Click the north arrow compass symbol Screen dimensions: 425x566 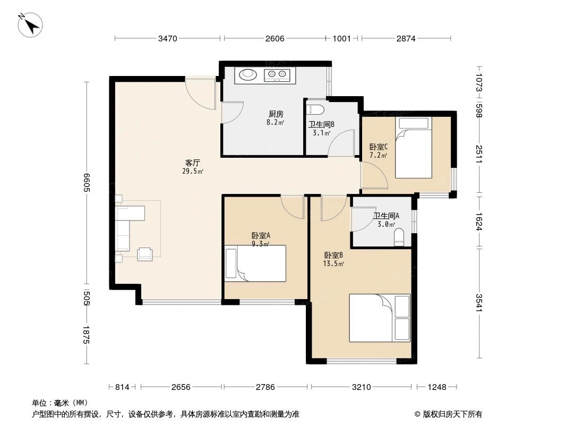[x=31, y=24]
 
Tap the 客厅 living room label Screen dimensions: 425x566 [x=192, y=163]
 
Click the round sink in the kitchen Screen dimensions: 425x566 [x=246, y=75]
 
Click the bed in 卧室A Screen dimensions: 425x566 [x=256, y=263]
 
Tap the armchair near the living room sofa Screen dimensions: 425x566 [x=144, y=254]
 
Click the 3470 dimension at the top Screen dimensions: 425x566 [x=167, y=38]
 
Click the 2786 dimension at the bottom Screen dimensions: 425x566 [x=265, y=387]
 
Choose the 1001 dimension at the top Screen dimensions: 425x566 [x=341, y=38]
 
